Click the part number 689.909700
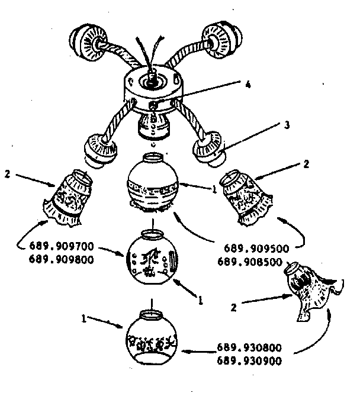pyautogui.click(x=62, y=246)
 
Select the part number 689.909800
pyautogui.click(x=62, y=259)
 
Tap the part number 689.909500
pyautogui.click(x=256, y=249)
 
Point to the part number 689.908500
pyautogui.click(x=250, y=262)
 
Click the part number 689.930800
pyautogui.click(x=249, y=347)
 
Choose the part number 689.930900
pyautogui.click(x=249, y=361)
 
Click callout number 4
pyautogui.click(x=248, y=85)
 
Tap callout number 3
pyautogui.click(x=287, y=125)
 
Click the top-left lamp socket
pyautogui.click(x=88, y=43)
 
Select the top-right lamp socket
pyautogui.click(x=222, y=40)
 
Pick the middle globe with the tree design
pyautogui.click(x=152, y=257)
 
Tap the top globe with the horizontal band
pyautogui.click(x=152, y=183)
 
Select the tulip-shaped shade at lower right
pyautogui.click(x=314, y=291)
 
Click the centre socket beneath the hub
pyautogui.click(x=153, y=125)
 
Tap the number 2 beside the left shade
pyautogui.click(x=8, y=173)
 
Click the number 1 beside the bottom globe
pyautogui.click(x=84, y=318)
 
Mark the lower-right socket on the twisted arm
pyautogui.click(x=210, y=149)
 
